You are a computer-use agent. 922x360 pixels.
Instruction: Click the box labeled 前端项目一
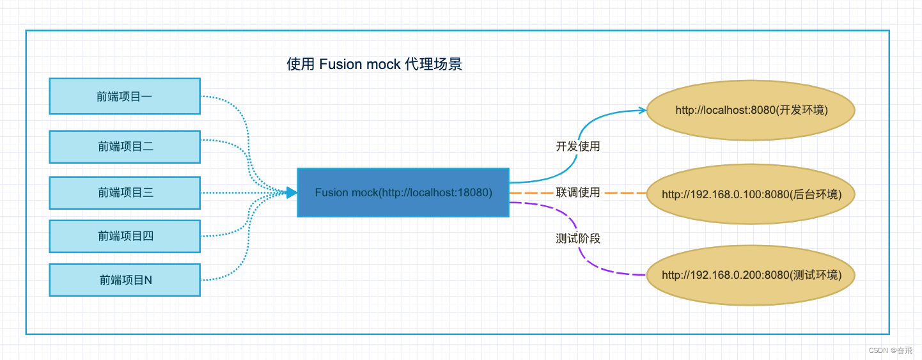click(x=125, y=97)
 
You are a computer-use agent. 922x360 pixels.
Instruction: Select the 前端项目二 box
click(x=125, y=146)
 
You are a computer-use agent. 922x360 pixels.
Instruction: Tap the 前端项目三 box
click(x=125, y=192)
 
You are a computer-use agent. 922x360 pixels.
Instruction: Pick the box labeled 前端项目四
click(x=125, y=237)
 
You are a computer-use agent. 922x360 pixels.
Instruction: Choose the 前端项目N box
click(x=125, y=280)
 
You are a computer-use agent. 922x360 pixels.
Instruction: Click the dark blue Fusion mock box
click(x=403, y=192)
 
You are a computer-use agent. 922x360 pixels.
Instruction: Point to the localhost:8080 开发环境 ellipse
click(x=751, y=111)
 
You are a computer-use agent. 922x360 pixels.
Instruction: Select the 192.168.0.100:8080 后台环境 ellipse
click(x=751, y=194)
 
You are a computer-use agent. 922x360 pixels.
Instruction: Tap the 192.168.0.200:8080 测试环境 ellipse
click(x=751, y=276)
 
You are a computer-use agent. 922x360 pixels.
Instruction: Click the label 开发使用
click(x=578, y=146)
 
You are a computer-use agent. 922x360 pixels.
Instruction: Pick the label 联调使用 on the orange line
click(x=578, y=192)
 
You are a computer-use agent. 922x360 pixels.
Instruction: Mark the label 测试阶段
click(x=578, y=239)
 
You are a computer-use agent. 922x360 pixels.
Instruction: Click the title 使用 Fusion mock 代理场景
click(x=374, y=64)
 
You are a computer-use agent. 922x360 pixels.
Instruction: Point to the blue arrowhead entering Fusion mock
click(x=292, y=192)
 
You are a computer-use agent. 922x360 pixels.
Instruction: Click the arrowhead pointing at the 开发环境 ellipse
click(x=643, y=110)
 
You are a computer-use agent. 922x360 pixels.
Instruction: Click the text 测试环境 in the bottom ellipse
click(x=814, y=276)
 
